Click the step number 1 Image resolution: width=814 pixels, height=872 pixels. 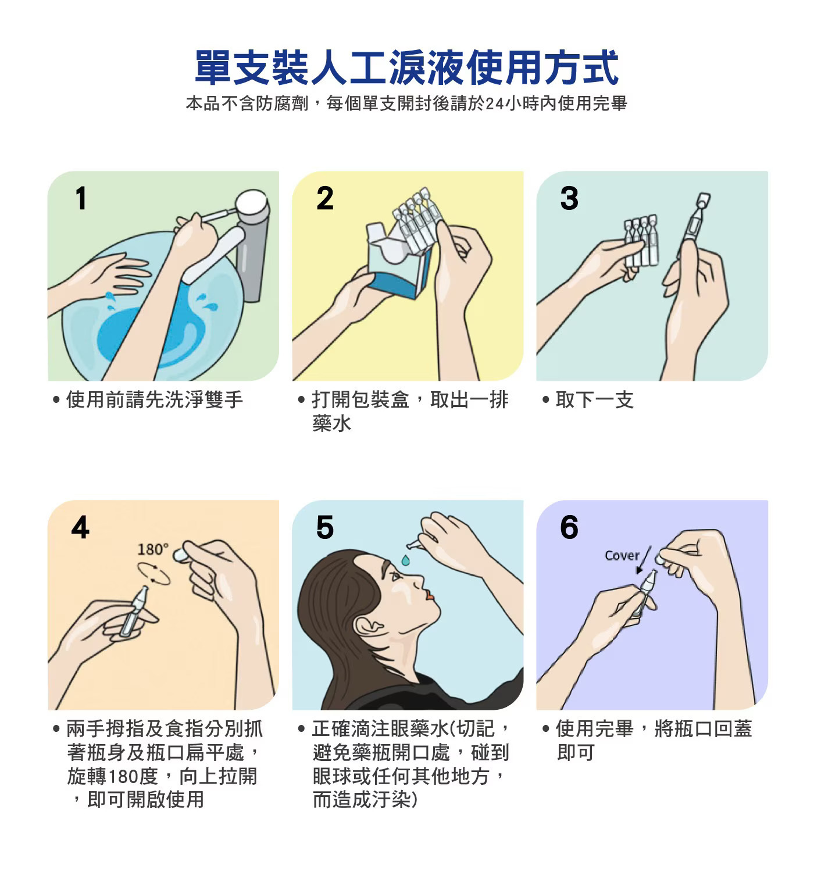pyautogui.click(x=81, y=198)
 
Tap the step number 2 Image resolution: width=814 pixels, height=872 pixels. pyautogui.click(x=324, y=198)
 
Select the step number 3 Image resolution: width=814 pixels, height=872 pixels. pyautogui.click(x=569, y=198)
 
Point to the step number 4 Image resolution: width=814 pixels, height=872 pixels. pyautogui.click(x=80, y=527)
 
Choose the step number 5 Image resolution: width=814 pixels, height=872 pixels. pyautogui.click(x=324, y=527)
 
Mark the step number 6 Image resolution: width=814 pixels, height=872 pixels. pyautogui.click(x=569, y=527)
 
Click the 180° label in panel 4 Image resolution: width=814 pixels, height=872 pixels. pyautogui.click(x=152, y=549)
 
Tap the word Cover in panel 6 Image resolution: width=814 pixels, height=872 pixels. pyautogui.click(x=622, y=555)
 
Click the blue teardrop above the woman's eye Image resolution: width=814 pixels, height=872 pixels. pyautogui.click(x=405, y=560)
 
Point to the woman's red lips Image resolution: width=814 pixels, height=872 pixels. pyautogui.click(x=429, y=595)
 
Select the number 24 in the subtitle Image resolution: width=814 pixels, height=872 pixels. pyautogui.click(x=494, y=103)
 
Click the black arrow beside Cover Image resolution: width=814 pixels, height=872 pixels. pyautogui.click(x=644, y=560)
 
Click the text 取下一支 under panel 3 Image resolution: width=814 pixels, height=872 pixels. pyautogui.click(x=594, y=399)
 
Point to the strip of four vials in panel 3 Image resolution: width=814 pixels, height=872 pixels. pyautogui.click(x=641, y=241)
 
